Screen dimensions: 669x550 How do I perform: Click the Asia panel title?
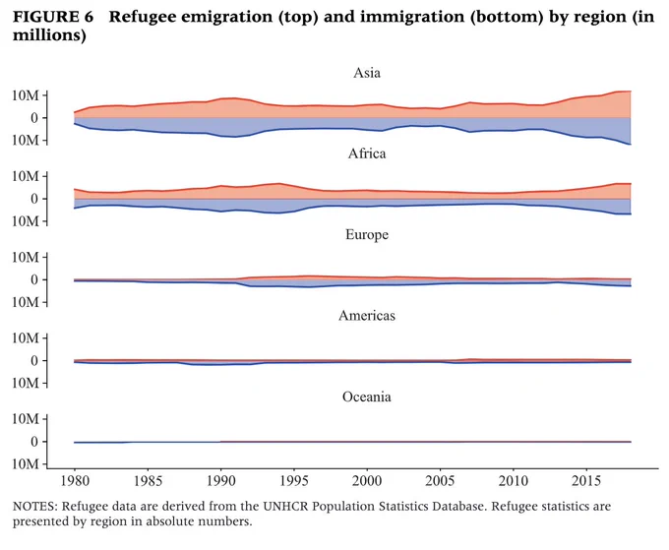(367, 73)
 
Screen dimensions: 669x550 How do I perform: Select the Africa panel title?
(367, 153)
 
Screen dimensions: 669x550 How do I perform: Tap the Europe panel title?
(367, 235)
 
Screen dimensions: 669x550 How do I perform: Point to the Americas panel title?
(367, 316)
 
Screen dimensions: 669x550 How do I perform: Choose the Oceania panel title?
(367, 397)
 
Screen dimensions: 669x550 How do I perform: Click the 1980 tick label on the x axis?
(75, 481)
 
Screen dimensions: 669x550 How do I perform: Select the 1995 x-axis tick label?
(294, 481)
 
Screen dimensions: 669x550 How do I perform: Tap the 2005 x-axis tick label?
(440, 481)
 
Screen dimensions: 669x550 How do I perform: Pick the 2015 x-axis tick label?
(586, 481)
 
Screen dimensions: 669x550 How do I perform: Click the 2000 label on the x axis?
(367, 481)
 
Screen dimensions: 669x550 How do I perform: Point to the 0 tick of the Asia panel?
(34, 118)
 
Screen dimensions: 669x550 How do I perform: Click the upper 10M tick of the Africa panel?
(26, 176)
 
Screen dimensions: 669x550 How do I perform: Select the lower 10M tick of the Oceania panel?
(26, 463)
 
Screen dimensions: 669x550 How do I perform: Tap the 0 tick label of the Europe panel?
(34, 279)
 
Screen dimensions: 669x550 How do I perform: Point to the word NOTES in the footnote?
(34, 507)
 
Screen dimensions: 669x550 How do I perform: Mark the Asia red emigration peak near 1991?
(234, 98)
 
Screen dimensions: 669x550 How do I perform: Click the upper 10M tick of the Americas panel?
(26, 337)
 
